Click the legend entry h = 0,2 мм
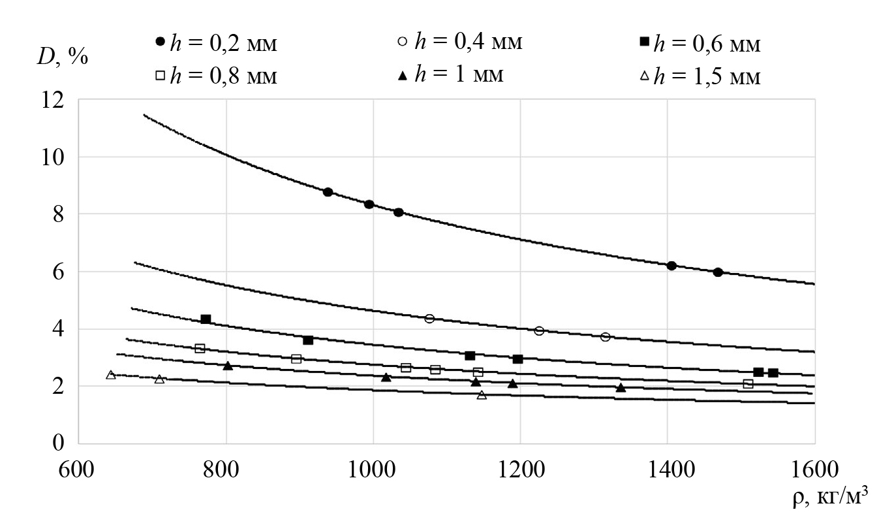[215, 46]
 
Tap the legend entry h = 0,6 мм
[700, 44]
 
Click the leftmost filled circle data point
[328, 192]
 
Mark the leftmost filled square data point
[206, 319]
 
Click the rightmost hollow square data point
[748, 384]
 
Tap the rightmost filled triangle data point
[621, 388]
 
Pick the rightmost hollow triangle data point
[482, 395]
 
